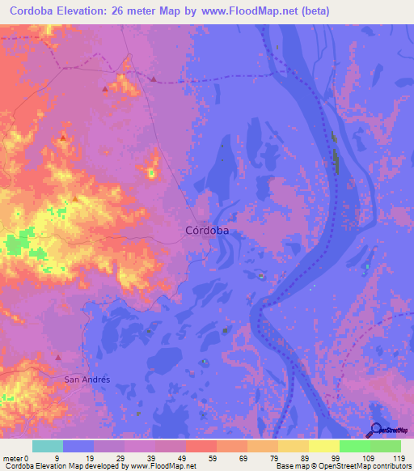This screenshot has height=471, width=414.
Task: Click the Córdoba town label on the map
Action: pos(207,231)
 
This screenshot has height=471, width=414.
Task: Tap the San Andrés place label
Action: pos(87,379)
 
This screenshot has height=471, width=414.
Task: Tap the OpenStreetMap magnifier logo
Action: pos(374,430)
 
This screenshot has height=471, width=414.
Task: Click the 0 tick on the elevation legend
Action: pos(27,457)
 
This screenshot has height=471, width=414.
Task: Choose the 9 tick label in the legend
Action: pos(57,457)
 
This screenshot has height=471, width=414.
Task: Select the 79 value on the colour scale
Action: pos(275,457)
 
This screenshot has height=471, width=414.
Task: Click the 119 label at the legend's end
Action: pos(398,457)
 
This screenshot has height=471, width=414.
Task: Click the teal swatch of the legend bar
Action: pos(48,446)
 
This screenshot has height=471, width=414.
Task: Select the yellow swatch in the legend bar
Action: pos(323,446)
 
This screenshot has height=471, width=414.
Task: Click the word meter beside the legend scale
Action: pos(12,457)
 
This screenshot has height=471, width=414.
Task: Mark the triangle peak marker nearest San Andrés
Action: pos(58,356)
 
